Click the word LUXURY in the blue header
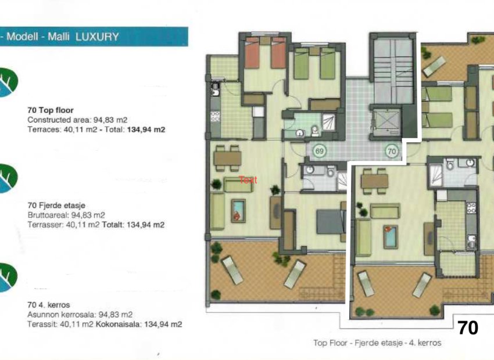pyautogui.click(x=98, y=37)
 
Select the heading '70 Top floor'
pyautogui.click(x=51, y=109)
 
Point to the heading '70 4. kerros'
pyautogui.click(x=49, y=305)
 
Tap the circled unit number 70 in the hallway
pyautogui.click(x=392, y=152)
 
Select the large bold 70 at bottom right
pyautogui.click(x=468, y=328)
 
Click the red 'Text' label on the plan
pyautogui.click(x=248, y=180)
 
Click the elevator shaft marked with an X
pyautogui.click(x=385, y=121)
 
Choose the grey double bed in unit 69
pyautogui.click(x=330, y=221)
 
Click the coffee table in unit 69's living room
pyautogui.click(x=238, y=210)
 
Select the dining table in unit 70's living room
pyautogui.click(x=374, y=180)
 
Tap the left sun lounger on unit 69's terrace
pyautogui.click(x=232, y=270)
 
